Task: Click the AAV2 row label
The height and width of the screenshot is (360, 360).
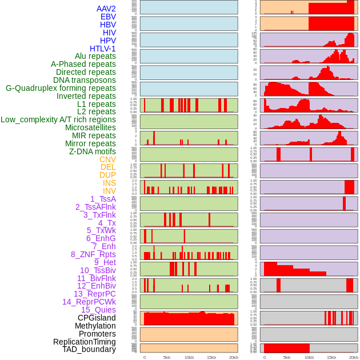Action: [x=106, y=9]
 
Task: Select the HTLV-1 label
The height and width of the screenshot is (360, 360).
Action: [x=103, y=49]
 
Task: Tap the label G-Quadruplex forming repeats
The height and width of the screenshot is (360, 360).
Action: [x=61, y=88]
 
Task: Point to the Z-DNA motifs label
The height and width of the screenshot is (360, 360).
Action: [x=93, y=151]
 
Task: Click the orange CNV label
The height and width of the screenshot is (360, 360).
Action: [x=107, y=159]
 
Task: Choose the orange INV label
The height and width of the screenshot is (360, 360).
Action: [x=109, y=191]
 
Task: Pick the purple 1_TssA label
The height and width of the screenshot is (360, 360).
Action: [x=103, y=199]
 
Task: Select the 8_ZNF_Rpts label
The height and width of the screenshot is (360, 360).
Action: [x=93, y=254]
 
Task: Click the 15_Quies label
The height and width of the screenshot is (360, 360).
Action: [x=98, y=310]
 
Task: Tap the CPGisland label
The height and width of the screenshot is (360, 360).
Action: [x=97, y=318]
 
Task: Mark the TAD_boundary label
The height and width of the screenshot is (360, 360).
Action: [x=89, y=349]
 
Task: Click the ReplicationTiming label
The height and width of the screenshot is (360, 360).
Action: [x=85, y=342]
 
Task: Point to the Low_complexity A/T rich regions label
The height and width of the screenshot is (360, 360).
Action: [x=58, y=119]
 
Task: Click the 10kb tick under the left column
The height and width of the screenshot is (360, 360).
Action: [x=189, y=357]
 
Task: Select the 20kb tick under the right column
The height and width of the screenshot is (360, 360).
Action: [x=354, y=357]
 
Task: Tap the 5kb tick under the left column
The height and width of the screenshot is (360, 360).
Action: [x=167, y=357]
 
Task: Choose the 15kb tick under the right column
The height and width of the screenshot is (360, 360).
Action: [x=331, y=357]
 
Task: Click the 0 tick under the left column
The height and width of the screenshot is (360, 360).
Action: [x=144, y=357]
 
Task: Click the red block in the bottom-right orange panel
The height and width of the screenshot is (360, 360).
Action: [x=286, y=348]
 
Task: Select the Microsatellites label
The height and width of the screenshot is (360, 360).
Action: [x=90, y=127]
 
